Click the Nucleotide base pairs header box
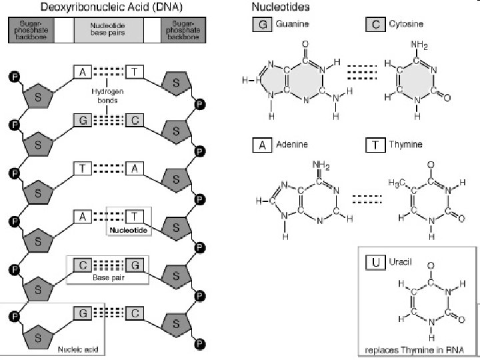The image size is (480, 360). (109, 30)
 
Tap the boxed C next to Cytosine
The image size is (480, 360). (375, 25)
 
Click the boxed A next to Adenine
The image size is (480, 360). (261, 144)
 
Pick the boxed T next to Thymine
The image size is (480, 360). (375, 144)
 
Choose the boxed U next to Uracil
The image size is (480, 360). (375, 261)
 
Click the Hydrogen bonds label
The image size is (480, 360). (107, 96)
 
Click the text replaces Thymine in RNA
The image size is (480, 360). (418, 349)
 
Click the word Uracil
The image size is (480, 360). (401, 261)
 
